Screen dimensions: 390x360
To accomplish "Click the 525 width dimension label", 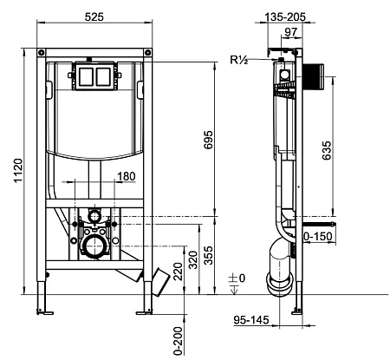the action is point(94,17).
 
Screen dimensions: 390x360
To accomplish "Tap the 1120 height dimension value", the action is point(18,171).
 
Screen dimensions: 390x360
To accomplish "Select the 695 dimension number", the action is point(208,140).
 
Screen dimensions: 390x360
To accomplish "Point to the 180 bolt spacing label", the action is point(127,176).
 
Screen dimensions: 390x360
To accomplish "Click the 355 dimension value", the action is point(208,255).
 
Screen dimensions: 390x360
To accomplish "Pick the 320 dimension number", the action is point(193,260).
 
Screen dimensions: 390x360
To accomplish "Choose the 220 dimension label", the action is point(179,271).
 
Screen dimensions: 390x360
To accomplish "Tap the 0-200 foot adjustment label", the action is point(179,341).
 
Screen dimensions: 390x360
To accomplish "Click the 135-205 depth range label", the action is point(285,17).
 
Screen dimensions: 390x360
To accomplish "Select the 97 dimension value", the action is point(291,32).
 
